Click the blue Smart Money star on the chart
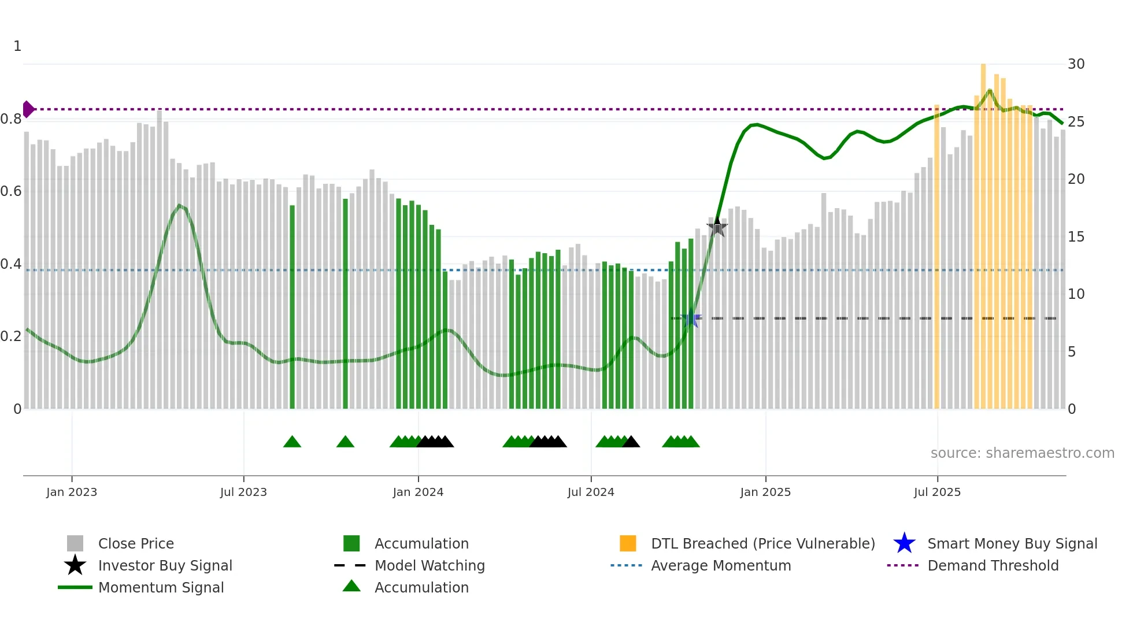(691, 318)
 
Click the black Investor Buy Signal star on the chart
(717, 227)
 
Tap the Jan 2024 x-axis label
(418, 492)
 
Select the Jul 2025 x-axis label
(937, 492)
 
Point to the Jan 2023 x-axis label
(72, 492)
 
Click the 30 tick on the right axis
(1076, 64)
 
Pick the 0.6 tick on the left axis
(12, 191)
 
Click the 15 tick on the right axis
(1076, 237)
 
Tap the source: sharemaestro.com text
(1022, 453)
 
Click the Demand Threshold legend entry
(993, 566)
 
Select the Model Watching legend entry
(429, 566)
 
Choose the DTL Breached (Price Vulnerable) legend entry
(762, 544)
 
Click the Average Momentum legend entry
(720, 566)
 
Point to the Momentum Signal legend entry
(161, 588)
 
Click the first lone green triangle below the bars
(292, 442)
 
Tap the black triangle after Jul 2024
(631, 442)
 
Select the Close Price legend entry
(135, 544)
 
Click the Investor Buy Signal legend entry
(165, 566)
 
